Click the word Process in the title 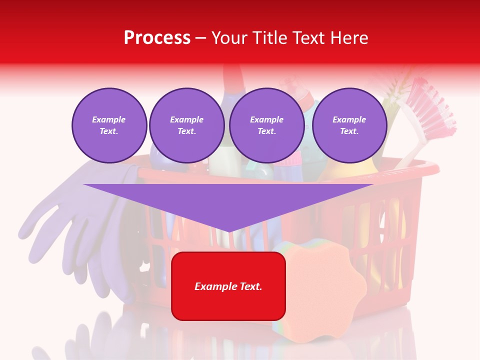coord(157,38)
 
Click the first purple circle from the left coord(109,125)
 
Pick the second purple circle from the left coord(187,125)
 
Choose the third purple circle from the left coord(267,125)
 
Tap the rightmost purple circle coord(349,125)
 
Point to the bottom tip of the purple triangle coord(229,231)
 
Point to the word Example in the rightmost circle coord(349,119)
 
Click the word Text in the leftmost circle coord(108,131)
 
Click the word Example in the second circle coord(187,119)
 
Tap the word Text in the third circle coord(266,131)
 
